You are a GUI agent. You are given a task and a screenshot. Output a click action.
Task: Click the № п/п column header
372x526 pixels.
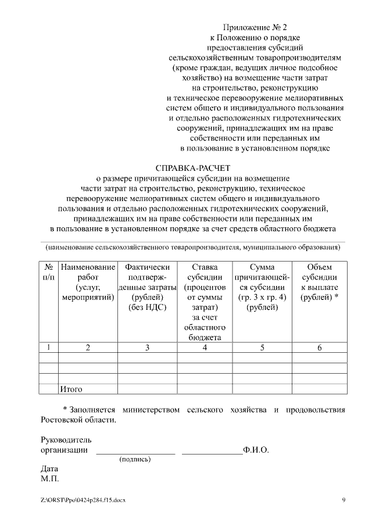49,272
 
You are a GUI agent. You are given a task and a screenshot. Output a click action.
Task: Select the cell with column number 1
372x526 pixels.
49,348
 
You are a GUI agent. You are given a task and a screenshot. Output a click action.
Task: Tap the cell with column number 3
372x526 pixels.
147,348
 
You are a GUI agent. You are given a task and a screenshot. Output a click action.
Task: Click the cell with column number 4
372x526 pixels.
204,348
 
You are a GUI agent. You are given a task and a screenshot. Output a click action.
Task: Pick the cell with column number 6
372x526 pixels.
319,348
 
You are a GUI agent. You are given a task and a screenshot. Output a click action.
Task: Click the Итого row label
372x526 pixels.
71,389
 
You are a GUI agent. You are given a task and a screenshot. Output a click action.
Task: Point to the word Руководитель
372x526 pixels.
66,439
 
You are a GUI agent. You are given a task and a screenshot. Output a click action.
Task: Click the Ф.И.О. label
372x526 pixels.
256,450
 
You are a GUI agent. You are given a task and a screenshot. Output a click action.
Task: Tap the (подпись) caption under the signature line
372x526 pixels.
135,459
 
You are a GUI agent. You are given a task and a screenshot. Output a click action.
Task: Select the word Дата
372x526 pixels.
49,469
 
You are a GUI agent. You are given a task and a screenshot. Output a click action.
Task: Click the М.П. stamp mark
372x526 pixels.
49,479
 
